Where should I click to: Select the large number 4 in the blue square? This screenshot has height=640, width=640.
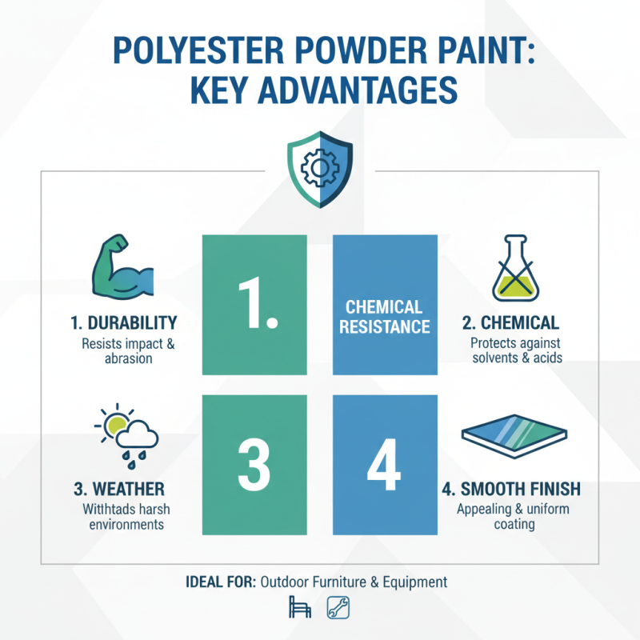tap(385, 465)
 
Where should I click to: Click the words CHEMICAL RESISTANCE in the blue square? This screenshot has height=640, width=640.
tap(385, 317)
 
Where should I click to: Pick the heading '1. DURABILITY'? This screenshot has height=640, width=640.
tap(123, 323)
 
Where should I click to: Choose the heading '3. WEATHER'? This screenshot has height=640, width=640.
tap(122, 489)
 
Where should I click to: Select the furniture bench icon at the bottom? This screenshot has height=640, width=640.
tap(299, 609)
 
